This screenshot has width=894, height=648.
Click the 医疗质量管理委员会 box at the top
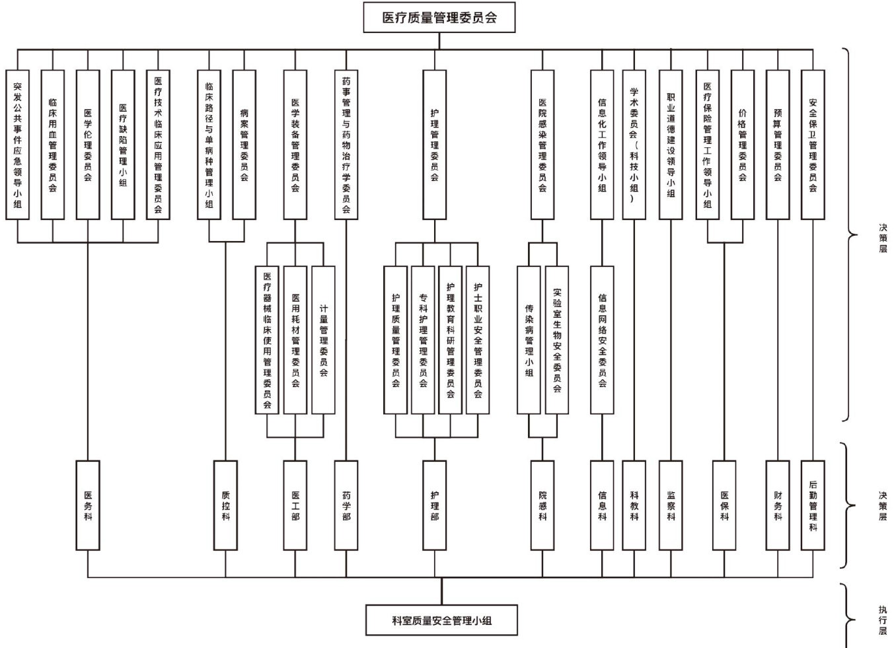[x=439, y=18]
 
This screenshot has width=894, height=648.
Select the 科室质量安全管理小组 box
[x=441, y=620]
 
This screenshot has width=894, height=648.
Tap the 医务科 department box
[x=88, y=505]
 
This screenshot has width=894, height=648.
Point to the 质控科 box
[x=226, y=505]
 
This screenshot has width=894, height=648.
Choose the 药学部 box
[x=346, y=505]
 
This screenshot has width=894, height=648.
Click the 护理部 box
[x=434, y=505]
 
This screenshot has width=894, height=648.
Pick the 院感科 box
[x=542, y=505]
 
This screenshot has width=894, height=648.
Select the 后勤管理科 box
[x=813, y=505]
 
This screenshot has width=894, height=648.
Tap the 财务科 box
[x=778, y=505]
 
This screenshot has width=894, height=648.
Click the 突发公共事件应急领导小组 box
[x=17, y=145]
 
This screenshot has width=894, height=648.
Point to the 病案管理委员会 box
[x=244, y=145]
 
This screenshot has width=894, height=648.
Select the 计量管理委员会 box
[x=324, y=340]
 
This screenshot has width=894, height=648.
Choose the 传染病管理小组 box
[x=529, y=340]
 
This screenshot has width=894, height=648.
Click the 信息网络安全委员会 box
[x=602, y=340]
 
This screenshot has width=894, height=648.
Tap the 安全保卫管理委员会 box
[x=813, y=145]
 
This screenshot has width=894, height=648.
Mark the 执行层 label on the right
[x=883, y=620]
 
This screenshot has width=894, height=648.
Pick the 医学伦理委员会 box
[x=88, y=145]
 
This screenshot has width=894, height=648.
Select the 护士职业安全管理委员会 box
[x=478, y=340]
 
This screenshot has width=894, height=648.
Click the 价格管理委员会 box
[x=742, y=145]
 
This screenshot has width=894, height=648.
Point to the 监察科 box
[x=671, y=505]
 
